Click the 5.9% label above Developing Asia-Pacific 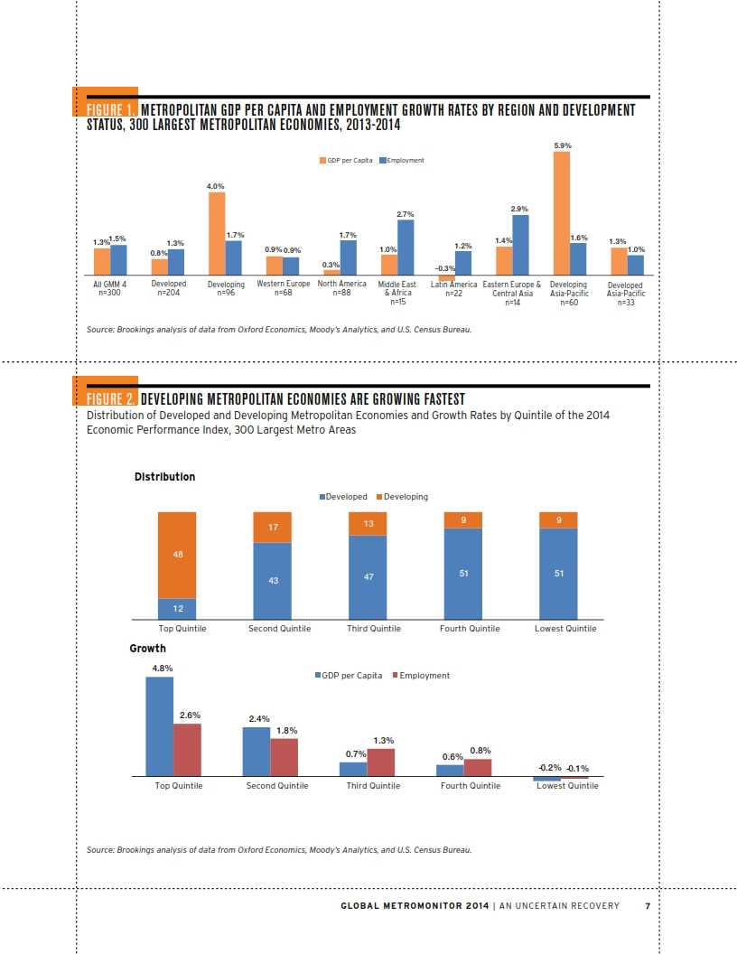pyautogui.click(x=562, y=145)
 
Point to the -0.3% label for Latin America pyautogui.click(x=444, y=268)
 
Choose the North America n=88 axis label pyautogui.click(x=341, y=288)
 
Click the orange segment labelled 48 pyautogui.click(x=177, y=555)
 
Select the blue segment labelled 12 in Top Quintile pyautogui.click(x=177, y=610)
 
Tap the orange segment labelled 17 pyautogui.click(x=272, y=527)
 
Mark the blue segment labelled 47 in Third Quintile pyautogui.click(x=368, y=576)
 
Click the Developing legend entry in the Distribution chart pyautogui.click(x=402, y=496)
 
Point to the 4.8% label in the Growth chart pyautogui.click(x=162, y=669)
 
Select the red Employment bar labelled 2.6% pyautogui.click(x=188, y=749)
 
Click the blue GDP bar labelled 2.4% pyautogui.click(x=257, y=751)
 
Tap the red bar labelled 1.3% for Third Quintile pyautogui.click(x=380, y=762)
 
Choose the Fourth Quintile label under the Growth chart pyautogui.click(x=470, y=786)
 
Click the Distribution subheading pyautogui.click(x=164, y=476)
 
